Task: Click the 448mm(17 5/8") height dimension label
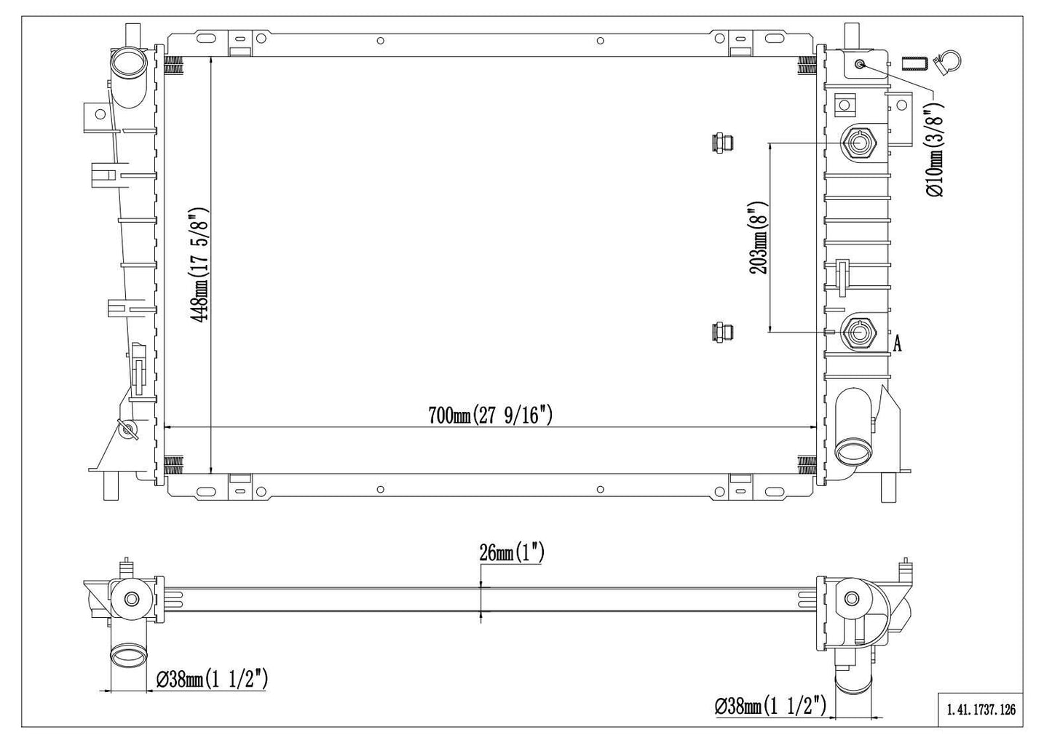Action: coord(198,265)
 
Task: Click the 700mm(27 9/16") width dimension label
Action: coord(490,416)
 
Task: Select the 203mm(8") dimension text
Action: coord(759,238)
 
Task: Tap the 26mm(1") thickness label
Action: coord(512,552)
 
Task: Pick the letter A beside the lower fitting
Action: coord(898,344)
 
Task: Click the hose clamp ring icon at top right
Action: coord(948,63)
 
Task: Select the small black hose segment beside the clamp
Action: coord(914,64)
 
